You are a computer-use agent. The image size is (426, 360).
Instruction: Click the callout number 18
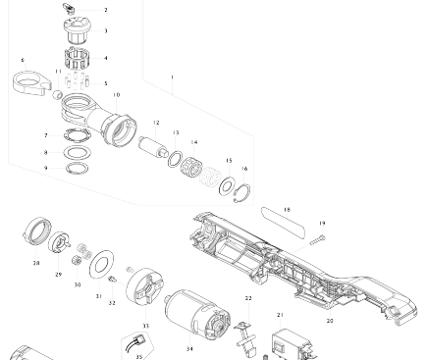pyautogui.click(x=287, y=210)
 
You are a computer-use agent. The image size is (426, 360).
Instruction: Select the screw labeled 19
pyautogui.click(x=318, y=240)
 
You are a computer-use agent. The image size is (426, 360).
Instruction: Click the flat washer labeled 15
pyautogui.click(x=227, y=186)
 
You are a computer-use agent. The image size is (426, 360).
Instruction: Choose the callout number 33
pyautogui.click(x=145, y=326)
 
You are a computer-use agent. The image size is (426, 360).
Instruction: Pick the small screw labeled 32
pyautogui.click(x=112, y=280)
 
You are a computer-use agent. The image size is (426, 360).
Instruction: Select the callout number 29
pyautogui.click(x=58, y=275)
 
